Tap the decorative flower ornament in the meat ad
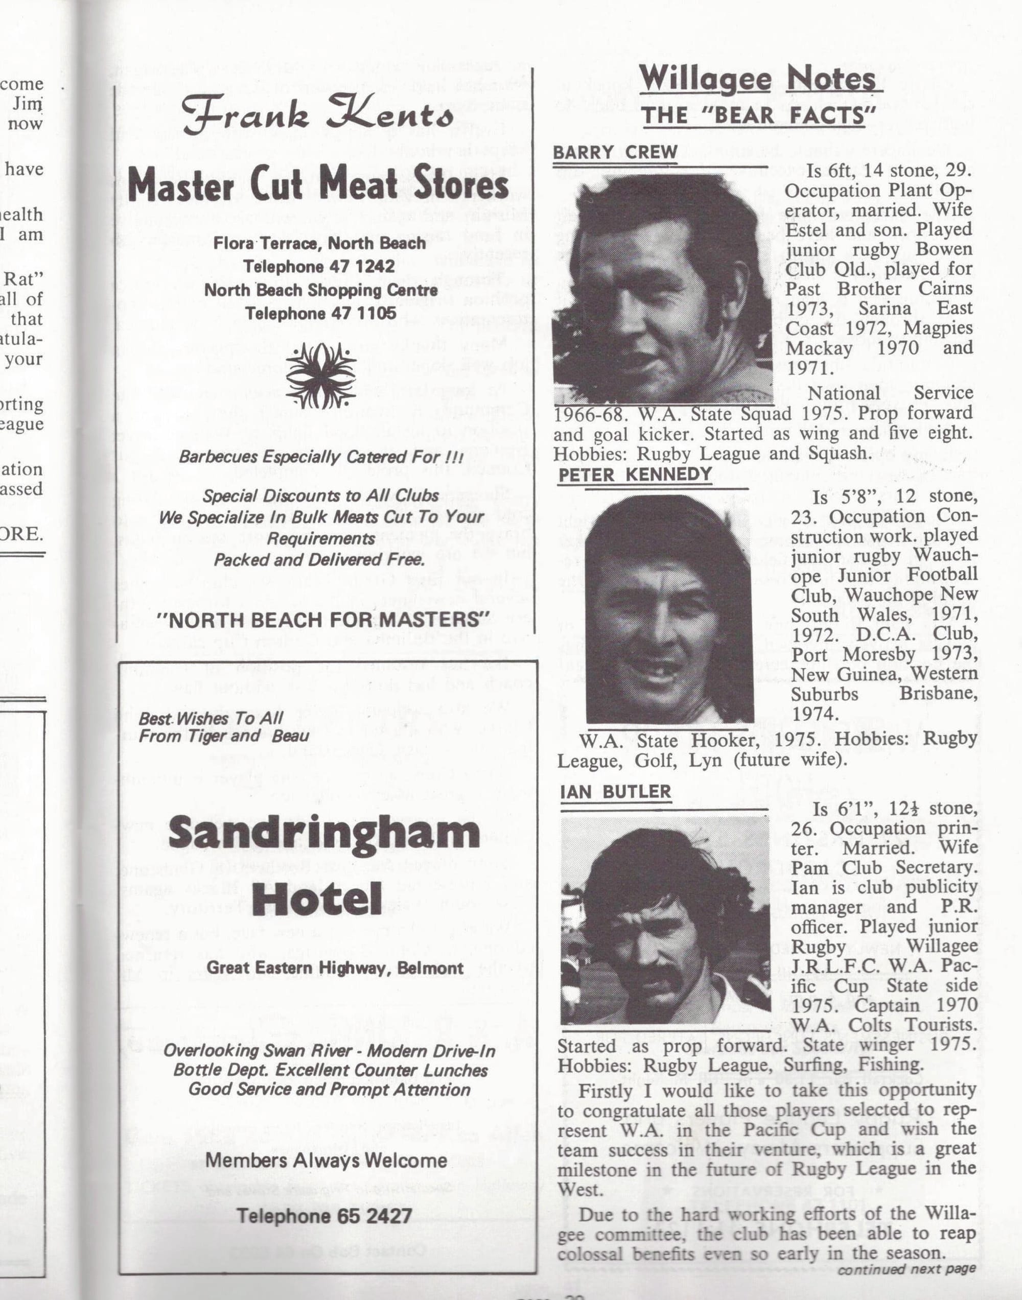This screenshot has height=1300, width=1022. click(x=321, y=376)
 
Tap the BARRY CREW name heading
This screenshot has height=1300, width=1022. click(x=615, y=153)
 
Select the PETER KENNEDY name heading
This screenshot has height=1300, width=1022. click(x=635, y=475)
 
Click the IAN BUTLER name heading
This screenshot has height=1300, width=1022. click(x=615, y=792)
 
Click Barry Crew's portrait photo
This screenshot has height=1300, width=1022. click(x=662, y=288)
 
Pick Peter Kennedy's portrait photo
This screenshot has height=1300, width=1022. click(x=669, y=610)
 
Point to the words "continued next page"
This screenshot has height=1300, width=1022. click(x=906, y=1269)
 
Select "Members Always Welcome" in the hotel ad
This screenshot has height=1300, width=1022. click(x=326, y=1161)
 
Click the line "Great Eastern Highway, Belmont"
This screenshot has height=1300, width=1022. click(x=335, y=968)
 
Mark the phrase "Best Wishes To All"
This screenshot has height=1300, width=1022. click(x=211, y=718)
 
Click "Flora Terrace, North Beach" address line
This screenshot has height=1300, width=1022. click(x=319, y=243)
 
